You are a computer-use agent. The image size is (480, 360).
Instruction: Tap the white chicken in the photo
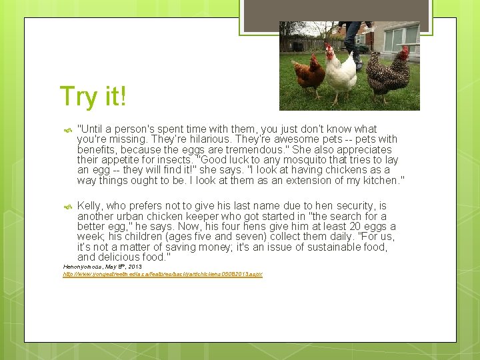(x=340, y=75)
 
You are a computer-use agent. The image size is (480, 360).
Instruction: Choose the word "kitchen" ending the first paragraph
(x=379, y=181)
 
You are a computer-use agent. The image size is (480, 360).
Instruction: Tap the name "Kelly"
(x=90, y=206)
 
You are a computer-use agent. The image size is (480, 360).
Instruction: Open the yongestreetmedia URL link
(x=163, y=275)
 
